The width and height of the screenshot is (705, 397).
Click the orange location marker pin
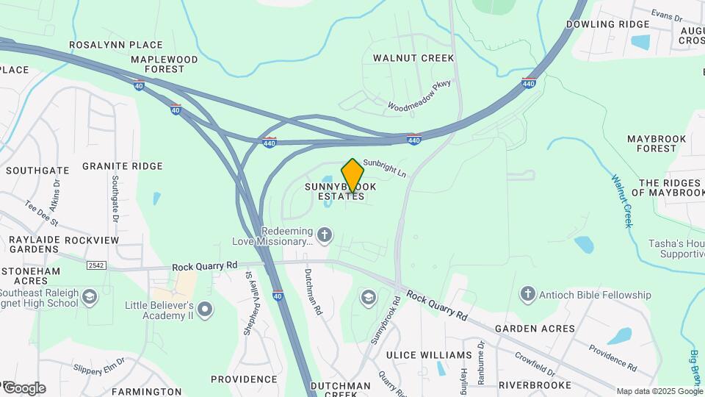click(352, 176)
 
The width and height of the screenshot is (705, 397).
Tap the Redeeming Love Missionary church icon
click(325, 235)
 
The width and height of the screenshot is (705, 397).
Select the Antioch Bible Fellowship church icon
click(527, 295)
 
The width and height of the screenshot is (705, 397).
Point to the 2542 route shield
click(96, 265)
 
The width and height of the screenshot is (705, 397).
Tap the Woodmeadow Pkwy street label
click(419, 96)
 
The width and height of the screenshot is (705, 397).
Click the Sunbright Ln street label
click(384, 168)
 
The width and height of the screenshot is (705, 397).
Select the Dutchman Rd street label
click(313, 292)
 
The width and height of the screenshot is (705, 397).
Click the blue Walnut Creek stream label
click(621, 201)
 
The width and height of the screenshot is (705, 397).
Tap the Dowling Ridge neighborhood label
click(607, 24)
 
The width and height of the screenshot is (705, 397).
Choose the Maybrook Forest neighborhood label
click(657, 143)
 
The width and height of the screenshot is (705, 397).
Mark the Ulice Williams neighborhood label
click(427, 356)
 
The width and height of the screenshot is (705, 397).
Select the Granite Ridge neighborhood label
click(122, 166)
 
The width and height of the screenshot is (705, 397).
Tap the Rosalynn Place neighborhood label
click(115, 45)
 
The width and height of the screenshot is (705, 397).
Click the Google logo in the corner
click(24, 388)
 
